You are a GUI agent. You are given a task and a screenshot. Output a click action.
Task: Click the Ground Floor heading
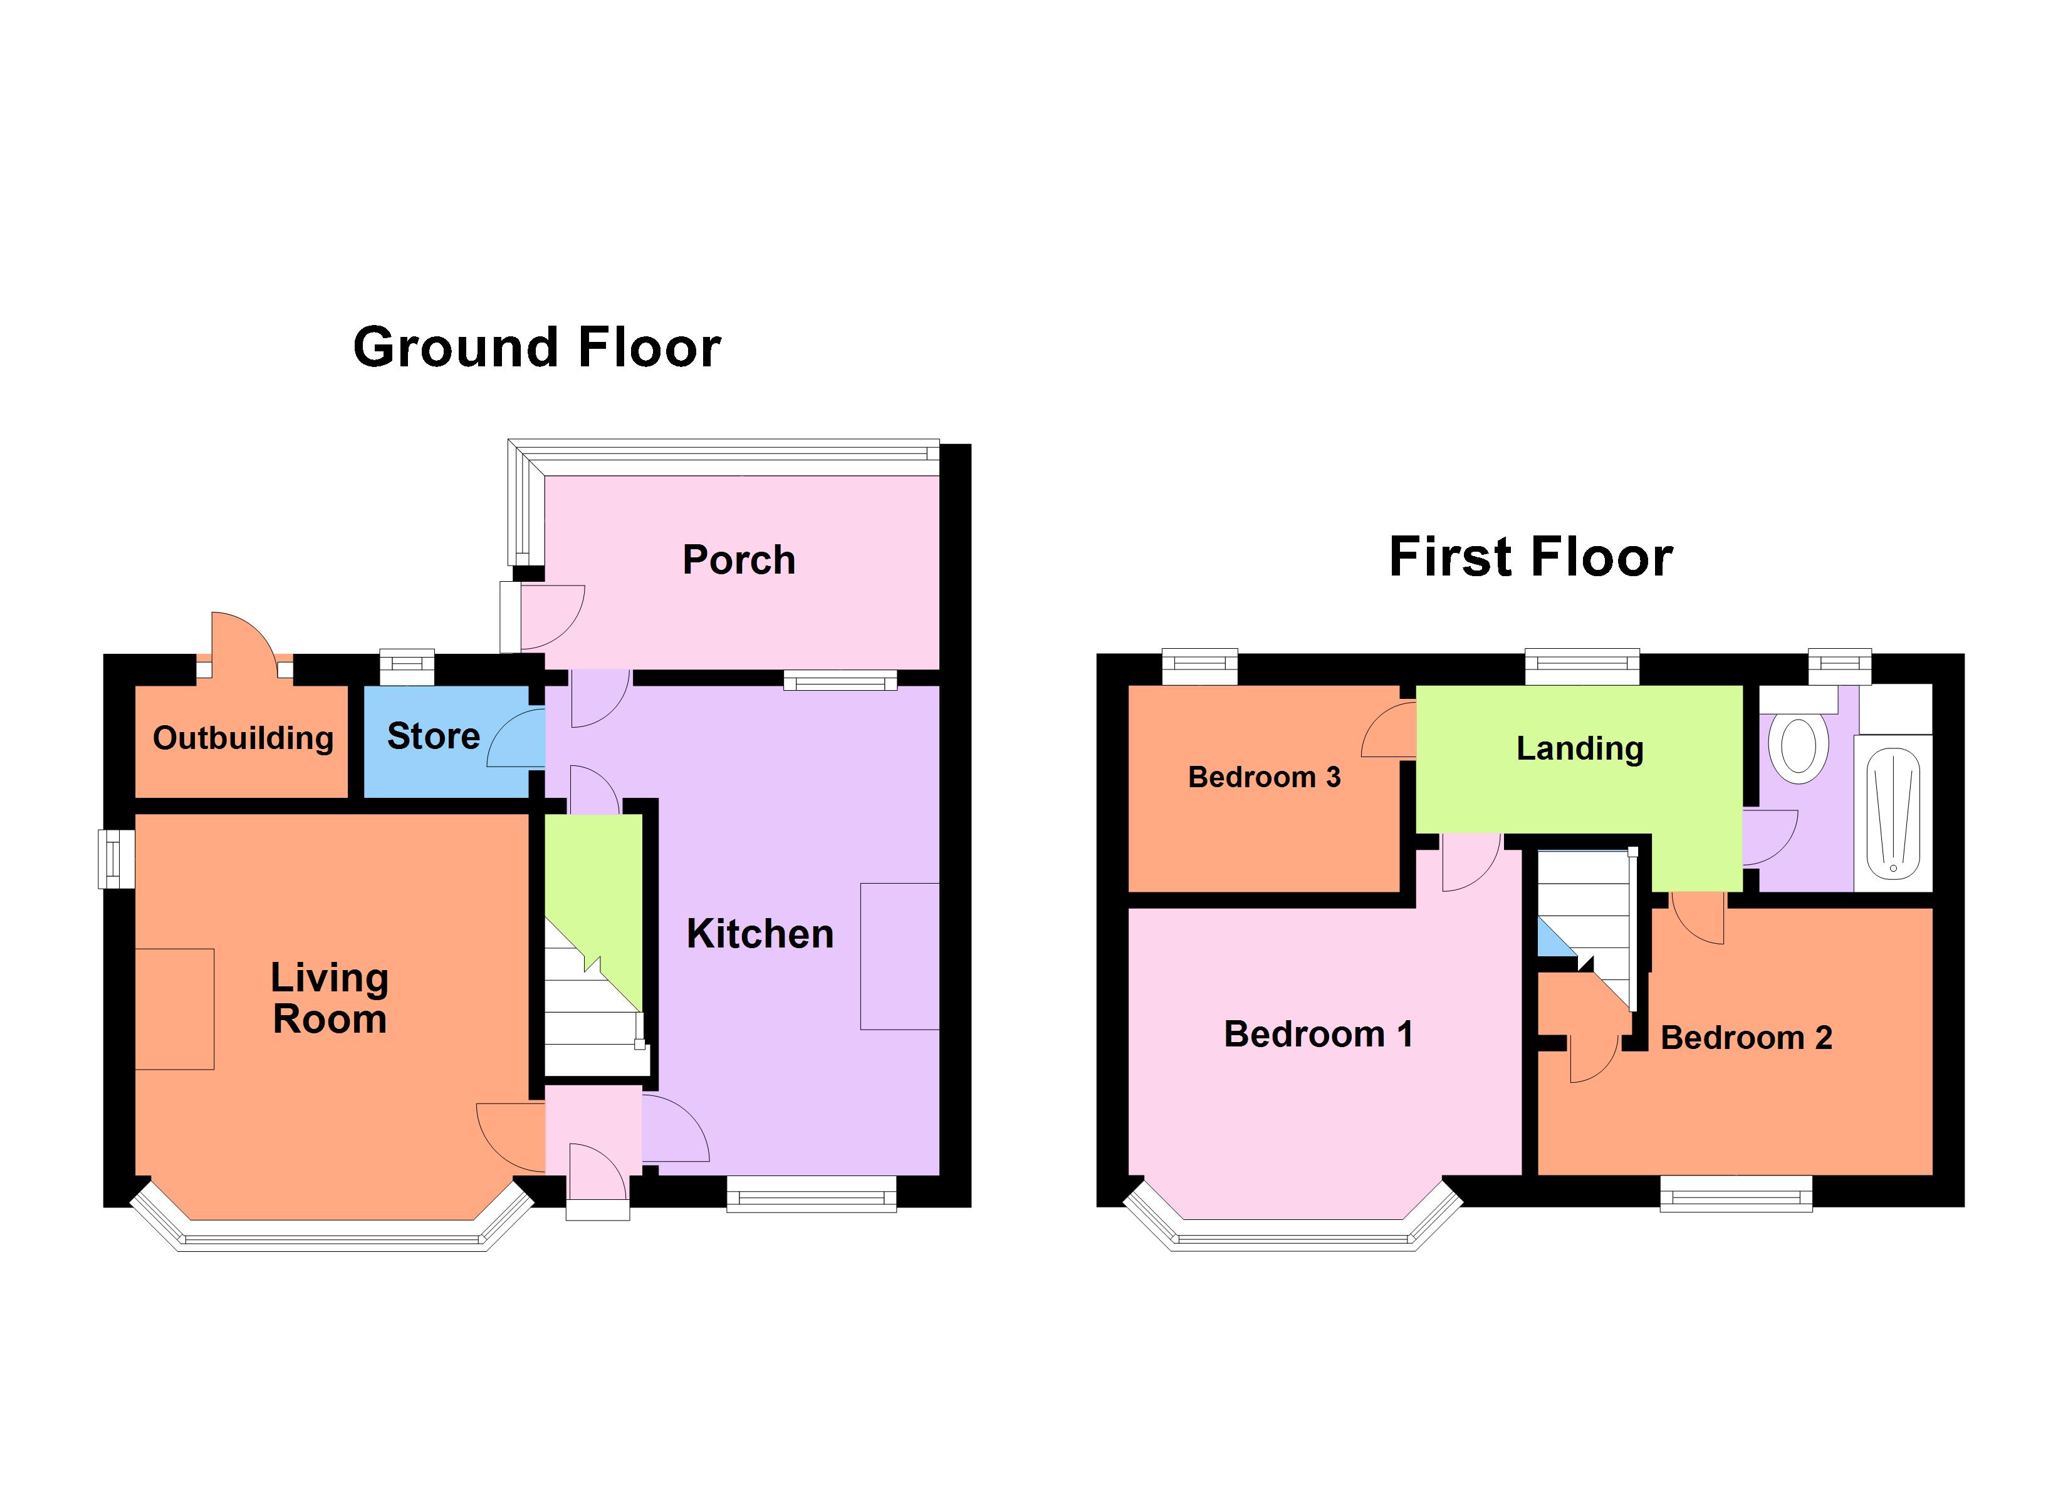click(536, 348)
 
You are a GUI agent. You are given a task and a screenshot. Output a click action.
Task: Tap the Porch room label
click(739, 560)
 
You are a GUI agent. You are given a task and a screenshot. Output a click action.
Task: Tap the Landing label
click(1579, 748)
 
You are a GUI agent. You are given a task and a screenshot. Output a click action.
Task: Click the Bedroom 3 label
click(1264, 777)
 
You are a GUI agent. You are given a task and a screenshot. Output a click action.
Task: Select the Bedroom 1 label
click(1318, 1035)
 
